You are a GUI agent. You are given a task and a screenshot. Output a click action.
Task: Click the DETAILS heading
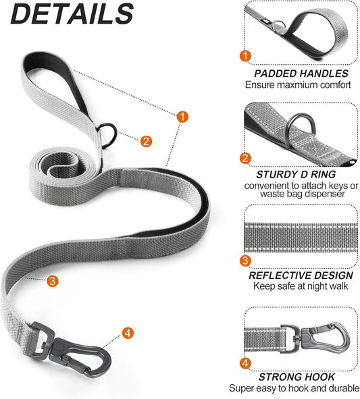tap(68, 14)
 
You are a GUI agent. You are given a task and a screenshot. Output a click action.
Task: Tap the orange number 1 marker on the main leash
tap(182, 117)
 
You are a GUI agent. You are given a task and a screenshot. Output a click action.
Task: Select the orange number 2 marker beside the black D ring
tap(145, 141)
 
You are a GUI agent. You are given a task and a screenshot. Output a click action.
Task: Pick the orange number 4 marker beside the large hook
tap(128, 333)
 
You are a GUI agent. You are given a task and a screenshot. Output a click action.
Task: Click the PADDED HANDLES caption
tap(301, 73)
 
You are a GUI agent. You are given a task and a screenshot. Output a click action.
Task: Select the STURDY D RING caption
tap(301, 172)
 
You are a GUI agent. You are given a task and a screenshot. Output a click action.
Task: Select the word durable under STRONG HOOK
tap(337, 389)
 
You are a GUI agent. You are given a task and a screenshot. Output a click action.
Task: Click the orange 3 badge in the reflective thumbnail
tap(247, 261)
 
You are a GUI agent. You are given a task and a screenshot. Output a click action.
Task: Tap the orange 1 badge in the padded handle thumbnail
tap(247, 56)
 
